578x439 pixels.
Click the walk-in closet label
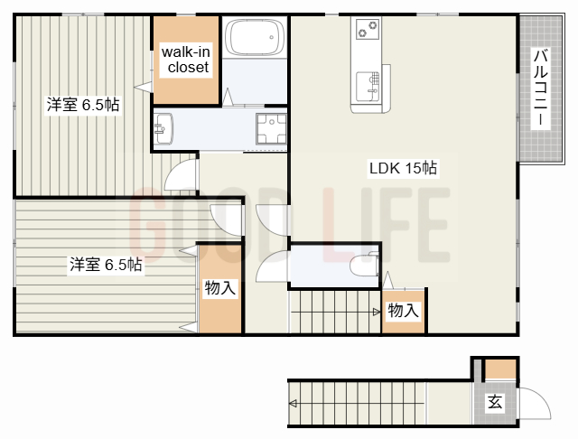[x=186, y=60]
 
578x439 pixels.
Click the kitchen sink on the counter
[x=369, y=83]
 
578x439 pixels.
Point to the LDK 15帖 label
[x=403, y=168]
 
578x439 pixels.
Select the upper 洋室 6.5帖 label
[x=84, y=106]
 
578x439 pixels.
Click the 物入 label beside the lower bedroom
[x=219, y=288]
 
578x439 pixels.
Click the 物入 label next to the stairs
[x=403, y=310]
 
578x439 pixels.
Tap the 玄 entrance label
[x=495, y=402]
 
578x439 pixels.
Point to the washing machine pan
[x=269, y=131]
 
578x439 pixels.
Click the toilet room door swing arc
[x=271, y=267]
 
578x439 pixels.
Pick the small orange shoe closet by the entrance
[x=500, y=369]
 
